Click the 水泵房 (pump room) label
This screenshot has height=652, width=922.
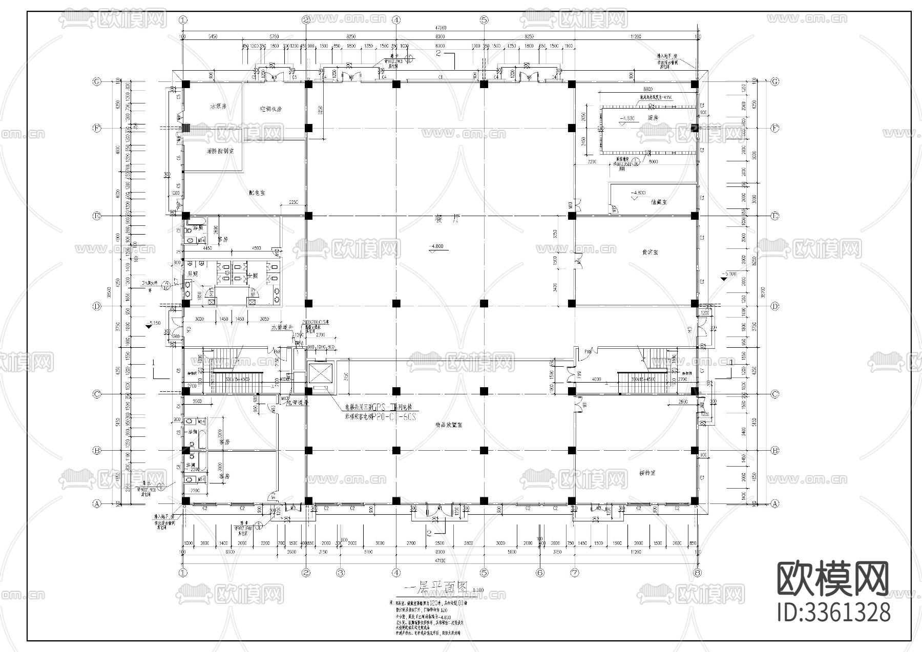coord(218,107)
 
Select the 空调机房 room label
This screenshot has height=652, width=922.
coord(270,109)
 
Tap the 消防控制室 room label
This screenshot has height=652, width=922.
coord(220,152)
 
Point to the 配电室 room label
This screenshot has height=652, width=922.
coord(257,193)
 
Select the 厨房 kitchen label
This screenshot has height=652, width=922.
coord(652,118)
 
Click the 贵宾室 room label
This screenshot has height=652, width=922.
coord(650,252)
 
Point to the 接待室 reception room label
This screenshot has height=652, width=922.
coord(648,473)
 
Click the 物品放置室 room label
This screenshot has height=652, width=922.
coord(449,425)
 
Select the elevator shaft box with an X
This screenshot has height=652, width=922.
coord(320,374)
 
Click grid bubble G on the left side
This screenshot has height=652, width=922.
coord(96,82)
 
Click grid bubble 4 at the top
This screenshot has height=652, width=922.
coord(396,20)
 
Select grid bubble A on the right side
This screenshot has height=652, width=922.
coord(774,503)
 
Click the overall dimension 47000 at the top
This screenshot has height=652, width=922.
coord(441,28)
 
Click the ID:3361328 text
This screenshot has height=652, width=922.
coord(833,613)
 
